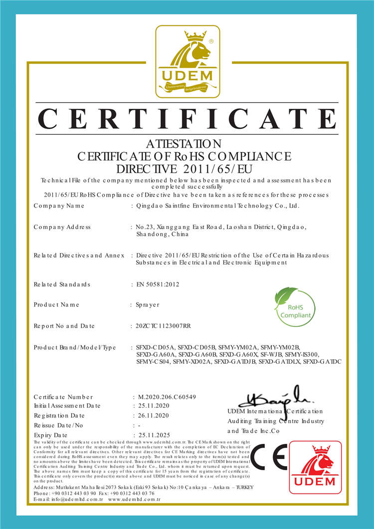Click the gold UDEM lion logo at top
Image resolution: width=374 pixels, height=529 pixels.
coord(187,61)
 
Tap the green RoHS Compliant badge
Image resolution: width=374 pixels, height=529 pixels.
coord(294,306)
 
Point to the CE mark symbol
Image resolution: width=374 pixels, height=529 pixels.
coord(269,457)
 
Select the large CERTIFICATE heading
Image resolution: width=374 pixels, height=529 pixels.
coord(187,119)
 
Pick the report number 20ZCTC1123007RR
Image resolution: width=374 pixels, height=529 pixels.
coord(163,326)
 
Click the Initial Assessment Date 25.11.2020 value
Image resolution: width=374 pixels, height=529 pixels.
coord(154,406)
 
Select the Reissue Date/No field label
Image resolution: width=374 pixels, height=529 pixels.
coord(59,425)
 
